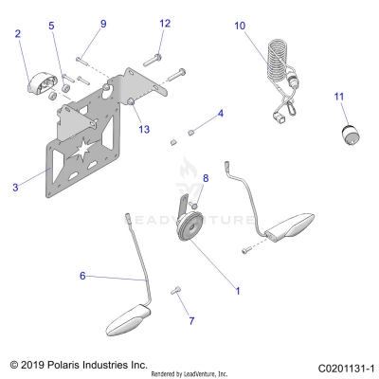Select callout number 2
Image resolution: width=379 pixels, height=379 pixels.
click(x=17, y=34)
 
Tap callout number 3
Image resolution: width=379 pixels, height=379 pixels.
click(x=16, y=188)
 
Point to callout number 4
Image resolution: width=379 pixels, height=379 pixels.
click(x=221, y=114)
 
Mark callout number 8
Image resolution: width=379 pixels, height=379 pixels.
click(x=206, y=178)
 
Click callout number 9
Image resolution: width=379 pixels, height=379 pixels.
click(x=103, y=23)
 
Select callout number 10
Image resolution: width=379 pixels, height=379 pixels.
click(x=239, y=26)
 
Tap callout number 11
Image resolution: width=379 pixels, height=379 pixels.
click(x=338, y=96)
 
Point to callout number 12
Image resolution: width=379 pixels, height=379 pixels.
click(x=164, y=23)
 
